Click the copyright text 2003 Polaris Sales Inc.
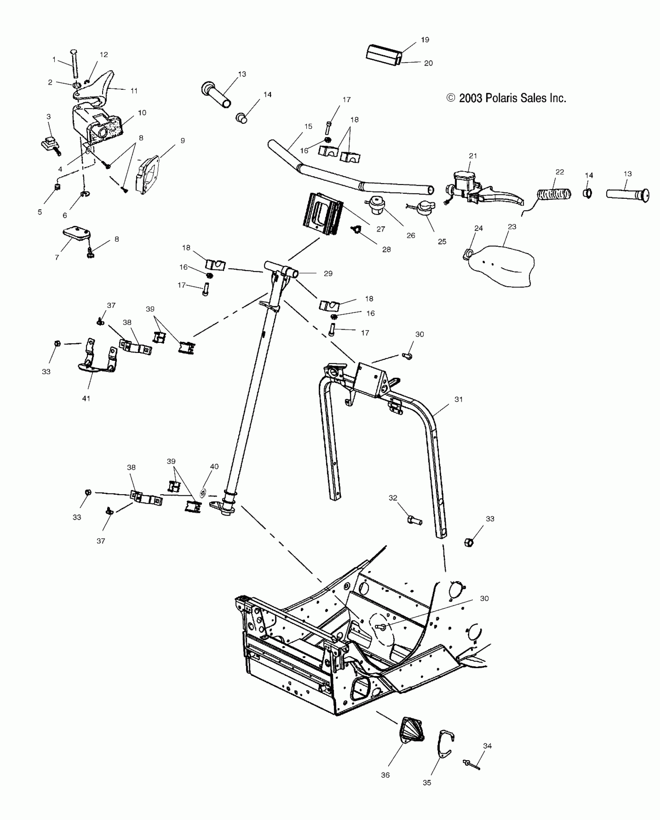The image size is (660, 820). (507, 99)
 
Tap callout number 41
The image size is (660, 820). (86, 398)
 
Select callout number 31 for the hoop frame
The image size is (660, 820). (459, 399)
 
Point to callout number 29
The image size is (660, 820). (328, 273)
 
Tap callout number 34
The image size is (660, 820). (487, 745)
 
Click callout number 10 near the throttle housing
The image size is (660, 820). (142, 113)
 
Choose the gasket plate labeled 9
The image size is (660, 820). (146, 175)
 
